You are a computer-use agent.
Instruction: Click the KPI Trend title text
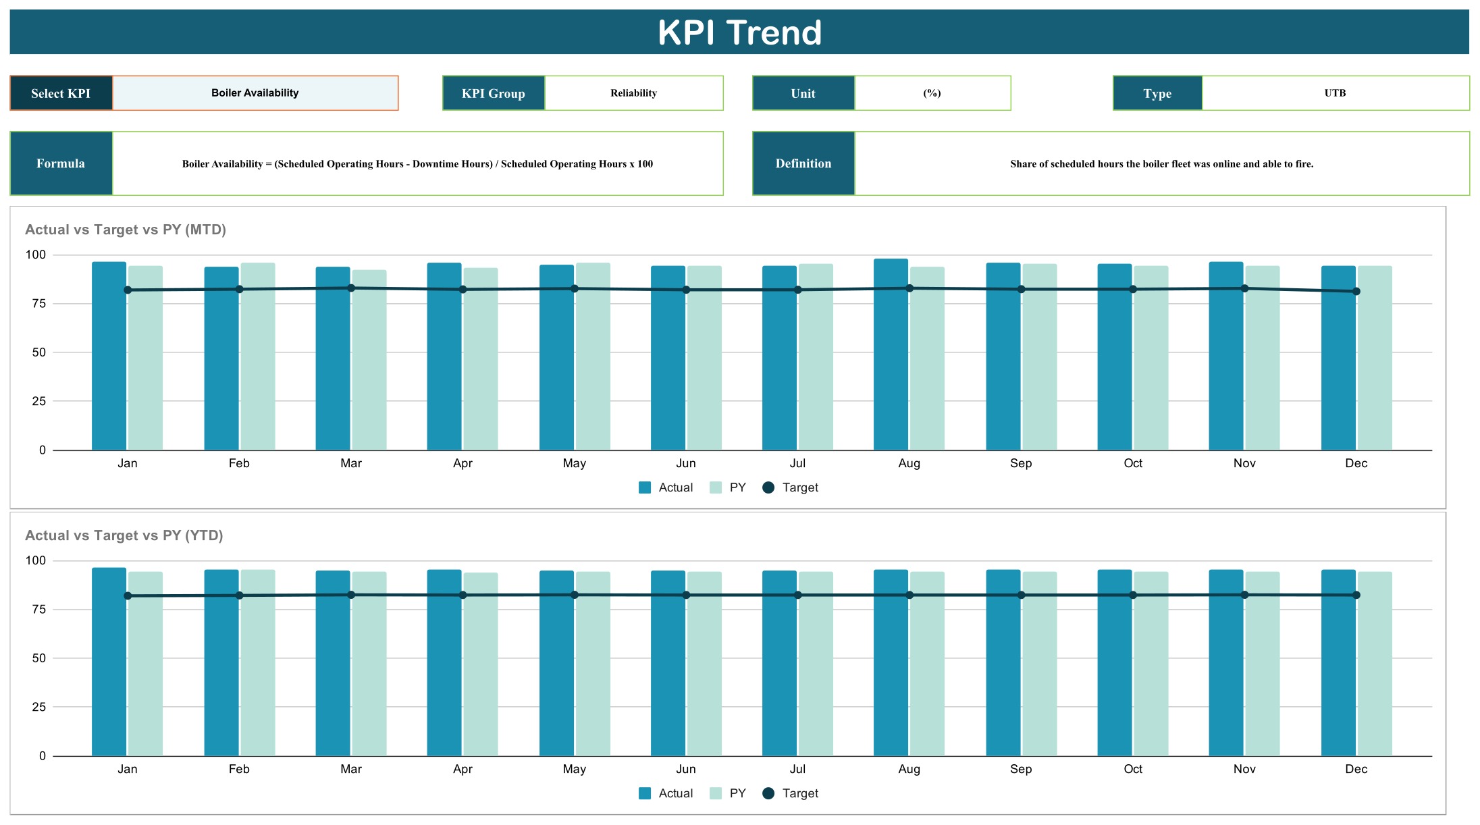pyautogui.click(x=739, y=32)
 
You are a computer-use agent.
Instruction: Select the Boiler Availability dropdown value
pyautogui.click(x=255, y=93)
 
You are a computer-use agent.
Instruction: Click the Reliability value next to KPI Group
pyautogui.click(x=633, y=93)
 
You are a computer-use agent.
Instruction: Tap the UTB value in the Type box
pyautogui.click(x=1335, y=93)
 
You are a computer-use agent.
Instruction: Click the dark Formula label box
pyautogui.click(x=61, y=163)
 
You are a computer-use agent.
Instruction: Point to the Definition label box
pyautogui.click(x=803, y=163)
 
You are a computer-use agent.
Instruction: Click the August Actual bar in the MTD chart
pyautogui.click(x=891, y=354)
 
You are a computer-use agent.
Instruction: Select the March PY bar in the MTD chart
pyautogui.click(x=369, y=360)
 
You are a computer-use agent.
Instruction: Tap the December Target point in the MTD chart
pyautogui.click(x=1356, y=292)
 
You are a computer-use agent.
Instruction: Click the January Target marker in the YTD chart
pyautogui.click(x=128, y=596)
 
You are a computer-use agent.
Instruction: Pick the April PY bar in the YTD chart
pyautogui.click(x=481, y=664)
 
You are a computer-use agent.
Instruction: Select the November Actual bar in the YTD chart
pyautogui.click(x=1226, y=663)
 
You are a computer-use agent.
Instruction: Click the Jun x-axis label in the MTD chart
pyautogui.click(x=686, y=463)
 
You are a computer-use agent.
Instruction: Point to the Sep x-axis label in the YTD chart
pyautogui.click(x=1021, y=769)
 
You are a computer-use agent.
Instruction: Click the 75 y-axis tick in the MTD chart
pyautogui.click(x=39, y=304)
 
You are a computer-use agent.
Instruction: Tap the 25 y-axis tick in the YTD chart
pyautogui.click(x=39, y=707)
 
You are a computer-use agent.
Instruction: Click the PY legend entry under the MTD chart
pyautogui.click(x=728, y=487)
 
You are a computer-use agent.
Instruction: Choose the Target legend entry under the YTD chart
pyautogui.click(x=790, y=793)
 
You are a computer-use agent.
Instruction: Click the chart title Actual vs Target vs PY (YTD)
pyautogui.click(x=124, y=535)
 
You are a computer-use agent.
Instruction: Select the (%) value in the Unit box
pyautogui.click(x=932, y=93)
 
